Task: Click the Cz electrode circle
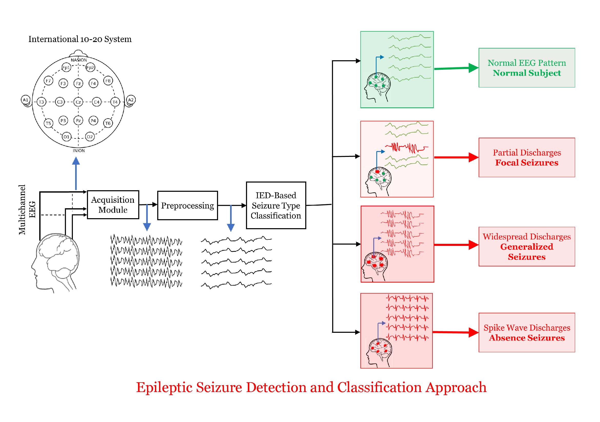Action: coord(78,102)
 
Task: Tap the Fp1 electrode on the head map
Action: coord(66,68)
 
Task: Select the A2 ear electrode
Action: coord(131,100)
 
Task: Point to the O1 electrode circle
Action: coord(66,137)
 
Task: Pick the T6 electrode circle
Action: coord(108,123)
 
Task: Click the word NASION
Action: coord(79,60)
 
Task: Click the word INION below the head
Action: coord(79,151)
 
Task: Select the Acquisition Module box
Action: coord(113,205)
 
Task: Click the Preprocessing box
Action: coord(187,206)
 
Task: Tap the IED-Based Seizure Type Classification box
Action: coord(276,206)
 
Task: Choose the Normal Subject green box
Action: coord(527,68)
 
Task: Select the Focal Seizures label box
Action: coord(527,157)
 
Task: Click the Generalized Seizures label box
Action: coord(527,247)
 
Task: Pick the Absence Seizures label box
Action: coord(527,333)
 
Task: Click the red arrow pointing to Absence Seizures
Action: coord(456,333)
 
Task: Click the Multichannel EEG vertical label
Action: coord(27,210)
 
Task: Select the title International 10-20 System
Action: coord(80,39)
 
